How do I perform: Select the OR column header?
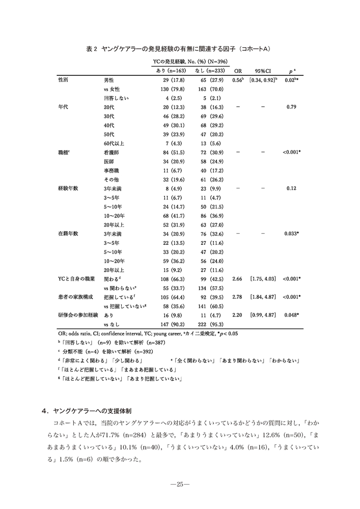tap(237, 71)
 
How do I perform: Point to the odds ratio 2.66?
tap(237, 278)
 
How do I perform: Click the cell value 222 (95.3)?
tap(207, 324)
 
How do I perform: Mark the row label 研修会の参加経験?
tap(77, 315)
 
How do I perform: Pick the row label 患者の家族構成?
tap(75, 297)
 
